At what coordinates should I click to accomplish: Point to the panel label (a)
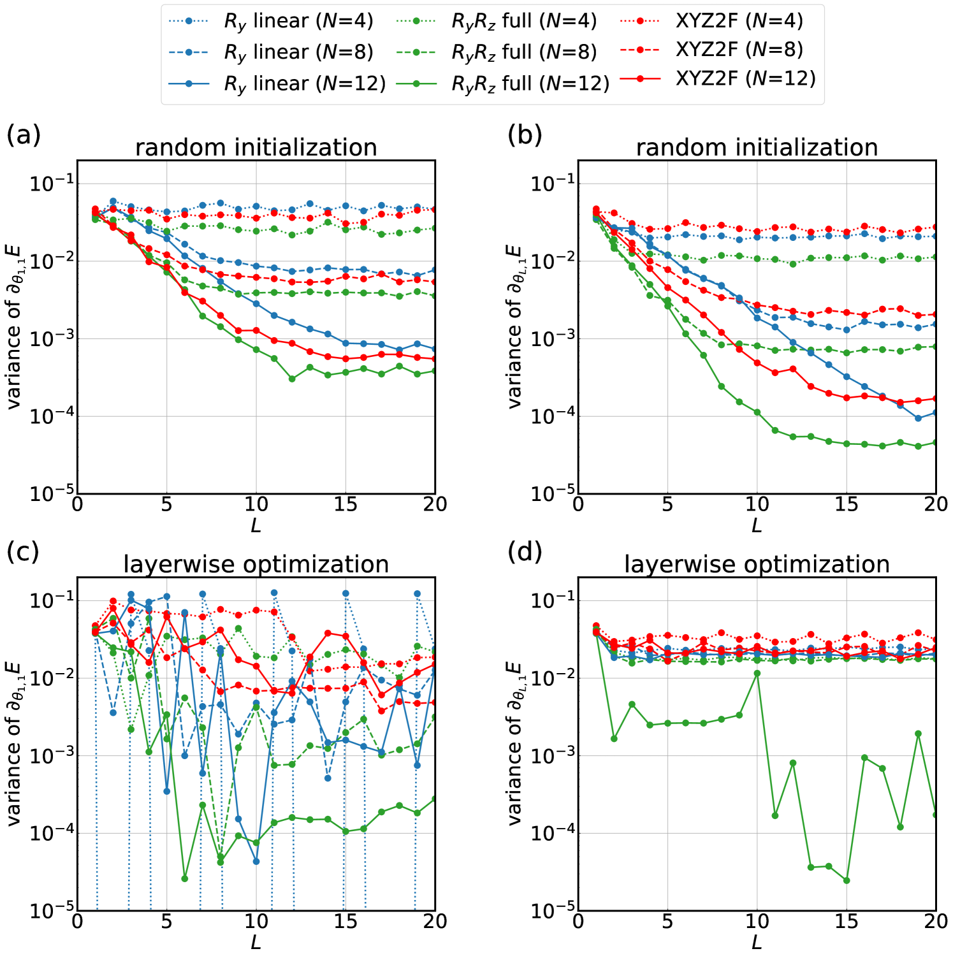coord(24,134)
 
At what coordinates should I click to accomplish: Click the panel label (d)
coord(525,552)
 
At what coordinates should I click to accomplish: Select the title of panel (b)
coord(757,147)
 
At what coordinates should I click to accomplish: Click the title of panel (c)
coord(256,565)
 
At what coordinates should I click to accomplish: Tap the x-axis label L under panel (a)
coord(256,526)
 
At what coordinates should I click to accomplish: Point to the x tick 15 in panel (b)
coord(847,505)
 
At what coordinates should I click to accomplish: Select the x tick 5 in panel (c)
coord(166,922)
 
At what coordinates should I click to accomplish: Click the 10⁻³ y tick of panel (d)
coord(553,756)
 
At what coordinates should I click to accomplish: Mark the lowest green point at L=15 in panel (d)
coord(847,880)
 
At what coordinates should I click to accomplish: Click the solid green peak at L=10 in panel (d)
coord(757,673)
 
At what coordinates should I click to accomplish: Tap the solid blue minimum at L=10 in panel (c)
coord(256,861)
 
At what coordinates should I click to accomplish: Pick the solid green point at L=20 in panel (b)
coord(936,442)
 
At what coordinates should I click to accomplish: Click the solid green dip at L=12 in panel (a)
coord(292,379)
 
